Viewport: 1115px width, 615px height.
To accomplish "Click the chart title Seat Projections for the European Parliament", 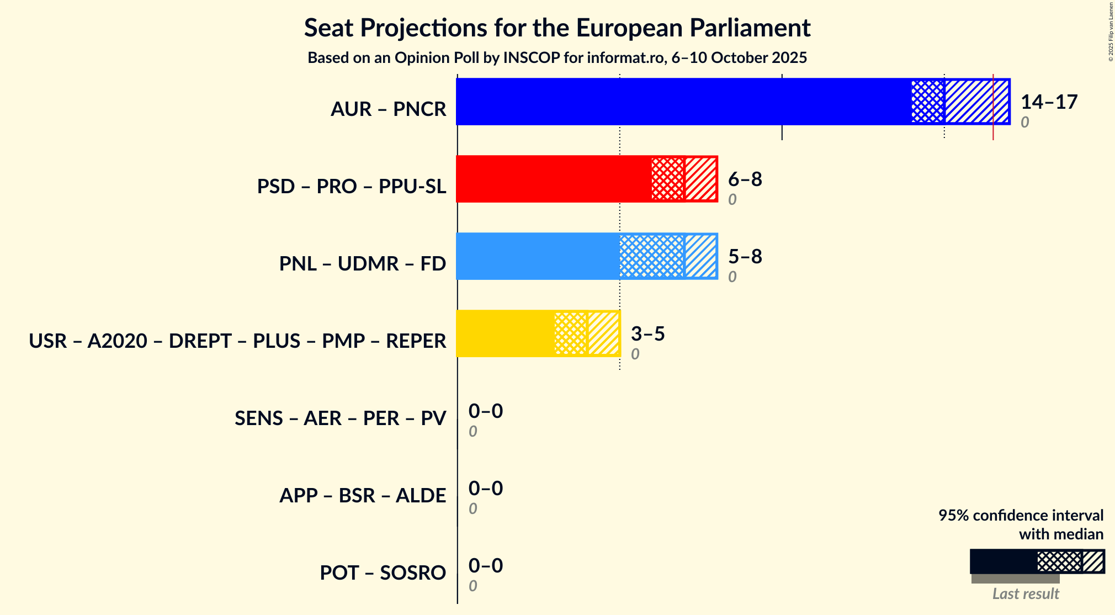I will (x=557, y=28).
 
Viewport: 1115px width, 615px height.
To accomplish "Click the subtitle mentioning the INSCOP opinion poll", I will (x=557, y=58).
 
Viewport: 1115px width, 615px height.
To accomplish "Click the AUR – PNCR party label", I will (x=388, y=109).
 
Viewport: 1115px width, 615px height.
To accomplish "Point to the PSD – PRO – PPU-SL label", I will (x=351, y=187).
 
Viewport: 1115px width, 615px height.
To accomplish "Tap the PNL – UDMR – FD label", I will (x=362, y=264).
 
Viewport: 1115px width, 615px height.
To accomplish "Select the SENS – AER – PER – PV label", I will (x=340, y=418).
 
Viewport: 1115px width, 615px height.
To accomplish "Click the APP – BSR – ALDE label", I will (x=362, y=496).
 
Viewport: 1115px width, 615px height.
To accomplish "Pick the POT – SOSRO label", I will (x=383, y=573).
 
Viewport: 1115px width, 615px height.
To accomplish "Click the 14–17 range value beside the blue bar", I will (x=1049, y=102).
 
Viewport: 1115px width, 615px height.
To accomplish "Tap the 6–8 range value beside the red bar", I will (x=745, y=179).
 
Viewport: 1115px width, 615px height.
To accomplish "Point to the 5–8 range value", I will (x=745, y=257).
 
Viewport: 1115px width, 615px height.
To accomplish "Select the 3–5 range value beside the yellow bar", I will (x=647, y=334).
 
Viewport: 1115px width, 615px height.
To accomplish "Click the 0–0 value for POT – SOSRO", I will (x=485, y=566).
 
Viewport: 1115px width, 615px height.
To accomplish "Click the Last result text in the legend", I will (x=1025, y=594).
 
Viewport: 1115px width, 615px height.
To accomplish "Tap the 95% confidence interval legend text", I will (x=1021, y=516).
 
